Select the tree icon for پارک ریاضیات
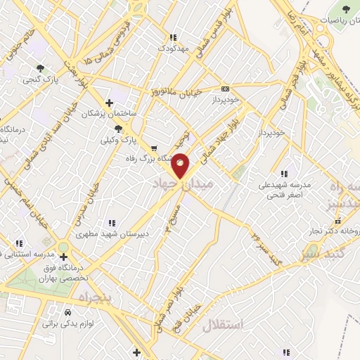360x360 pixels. pos(345,9)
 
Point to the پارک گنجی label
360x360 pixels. pos(41,80)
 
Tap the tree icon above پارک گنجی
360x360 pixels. pos(41,68)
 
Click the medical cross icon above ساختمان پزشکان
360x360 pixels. pos(108,102)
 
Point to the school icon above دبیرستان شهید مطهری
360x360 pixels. pos(110,223)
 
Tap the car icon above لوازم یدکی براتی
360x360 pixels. pos(67,312)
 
